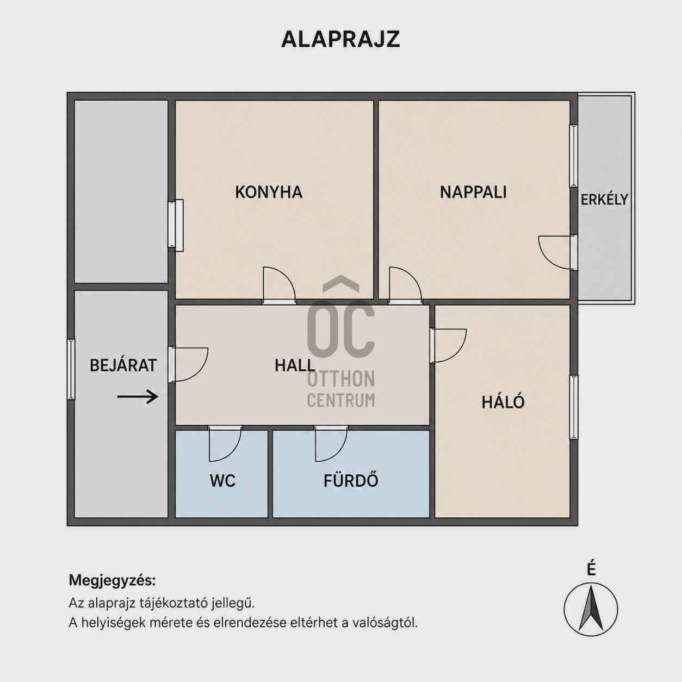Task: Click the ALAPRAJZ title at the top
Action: coord(340,39)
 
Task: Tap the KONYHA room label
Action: coord(269,192)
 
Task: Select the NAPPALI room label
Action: coord(473,192)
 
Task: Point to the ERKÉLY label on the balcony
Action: coord(604,199)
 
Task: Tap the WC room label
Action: coord(222,481)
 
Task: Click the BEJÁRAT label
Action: coord(123,365)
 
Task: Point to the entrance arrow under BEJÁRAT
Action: coord(138,396)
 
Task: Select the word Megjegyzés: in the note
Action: coord(112,580)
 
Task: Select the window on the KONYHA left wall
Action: coord(176,225)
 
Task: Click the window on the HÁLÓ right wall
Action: coord(574,407)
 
